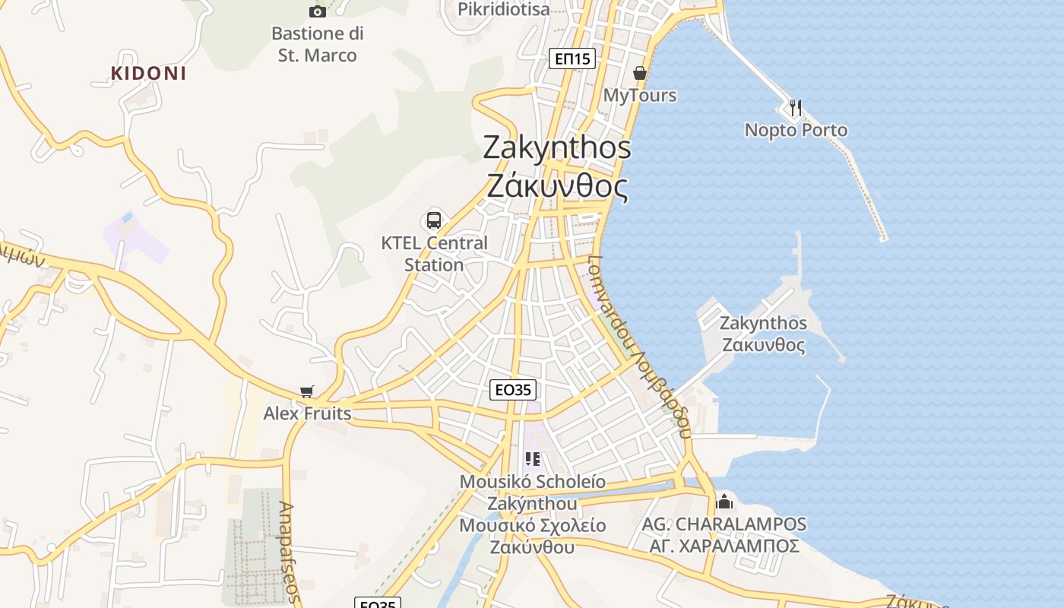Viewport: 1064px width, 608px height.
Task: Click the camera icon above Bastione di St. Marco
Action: (318, 11)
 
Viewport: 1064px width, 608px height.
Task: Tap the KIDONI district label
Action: (149, 74)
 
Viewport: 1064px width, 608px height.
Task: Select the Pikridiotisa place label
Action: (503, 9)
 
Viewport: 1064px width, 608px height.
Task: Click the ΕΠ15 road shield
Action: (572, 59)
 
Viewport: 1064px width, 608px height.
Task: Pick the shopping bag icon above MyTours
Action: (640, 73)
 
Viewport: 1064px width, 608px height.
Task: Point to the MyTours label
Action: (640, 96)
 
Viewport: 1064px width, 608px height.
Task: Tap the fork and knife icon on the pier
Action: (796, 108)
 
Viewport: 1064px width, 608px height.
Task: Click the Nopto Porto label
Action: (796, 130)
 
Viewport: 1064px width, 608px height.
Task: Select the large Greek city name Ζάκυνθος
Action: (557, 186)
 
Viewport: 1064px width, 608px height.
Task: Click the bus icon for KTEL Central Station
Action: (433, 220)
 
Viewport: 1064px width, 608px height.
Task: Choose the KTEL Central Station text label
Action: (434, 254)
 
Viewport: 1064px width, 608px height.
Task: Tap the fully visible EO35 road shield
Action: (512, 390)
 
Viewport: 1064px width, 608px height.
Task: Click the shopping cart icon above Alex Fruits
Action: (306, 391)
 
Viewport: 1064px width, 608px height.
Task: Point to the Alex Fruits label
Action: (307, 413)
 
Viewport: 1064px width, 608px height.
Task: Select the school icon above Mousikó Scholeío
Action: (533, 459)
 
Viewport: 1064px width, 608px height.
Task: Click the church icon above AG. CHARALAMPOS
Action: (724, 502)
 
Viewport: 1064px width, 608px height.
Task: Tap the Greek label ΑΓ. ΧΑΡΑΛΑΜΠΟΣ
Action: (724, 546)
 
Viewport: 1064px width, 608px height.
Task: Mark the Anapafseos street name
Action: (287, 552)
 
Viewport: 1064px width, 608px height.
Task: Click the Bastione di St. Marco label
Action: (318, 44)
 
